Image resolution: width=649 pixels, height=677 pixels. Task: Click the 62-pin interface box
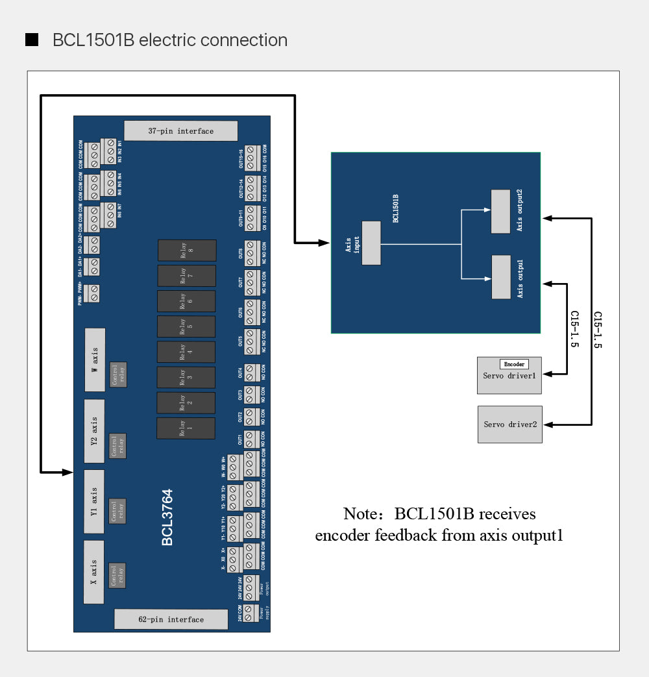[171, 619]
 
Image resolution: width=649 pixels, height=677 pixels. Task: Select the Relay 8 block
[187, 251]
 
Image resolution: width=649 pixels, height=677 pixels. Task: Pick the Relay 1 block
[186, 429]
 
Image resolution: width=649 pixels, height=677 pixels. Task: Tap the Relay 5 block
[186, 326]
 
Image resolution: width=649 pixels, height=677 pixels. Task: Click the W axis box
[95, 360]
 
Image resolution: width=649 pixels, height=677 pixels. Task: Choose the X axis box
[94, 571]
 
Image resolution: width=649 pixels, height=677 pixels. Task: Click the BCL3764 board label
[167, 518]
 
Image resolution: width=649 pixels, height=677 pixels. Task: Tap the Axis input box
[371, 243]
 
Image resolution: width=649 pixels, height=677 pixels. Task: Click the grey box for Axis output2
[501, 211]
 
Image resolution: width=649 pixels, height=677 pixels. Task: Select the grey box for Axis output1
[501, 277]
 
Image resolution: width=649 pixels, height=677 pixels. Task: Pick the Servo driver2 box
[510, 425]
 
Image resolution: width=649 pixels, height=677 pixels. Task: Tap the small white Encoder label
[514, 364]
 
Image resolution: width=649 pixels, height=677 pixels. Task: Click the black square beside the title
[32, 40]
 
